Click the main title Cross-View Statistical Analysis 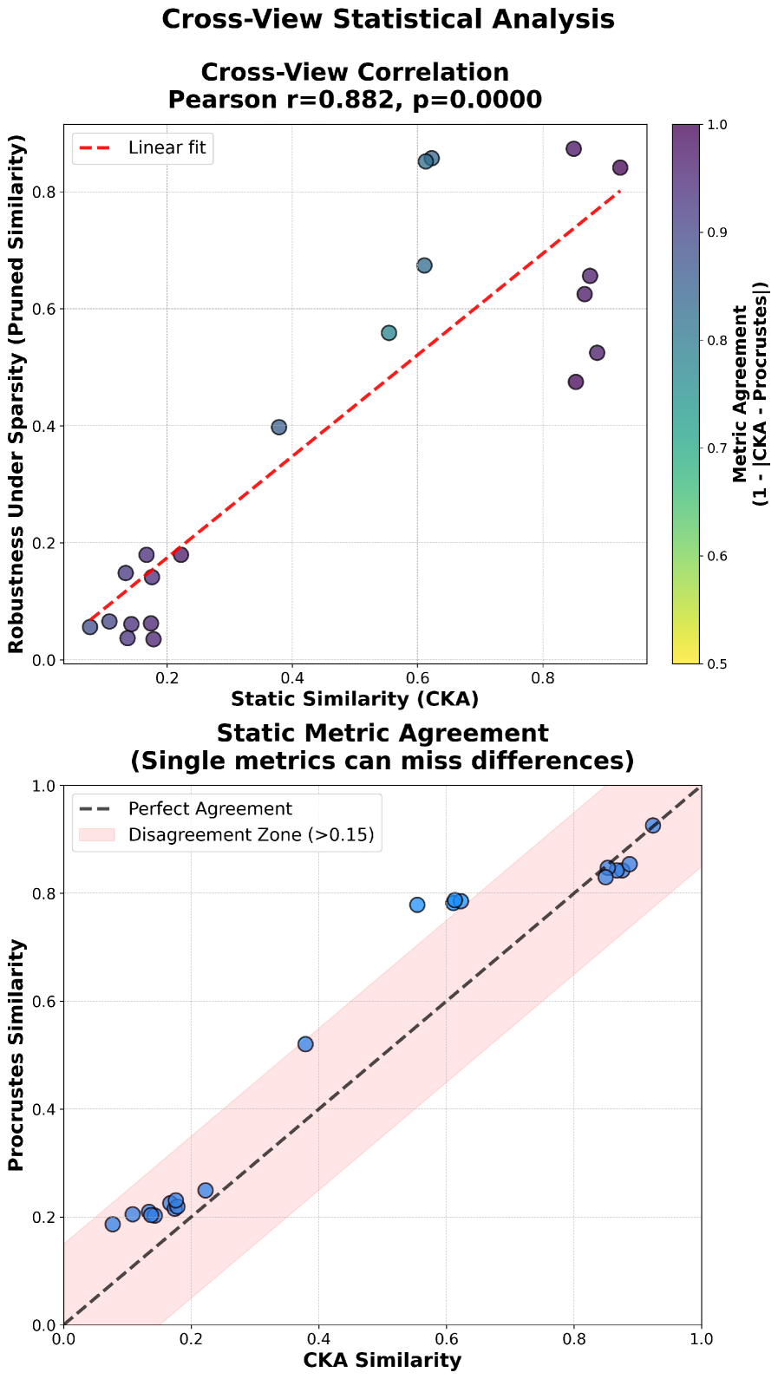[x=388, y=19]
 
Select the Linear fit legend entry [x=167, y=147]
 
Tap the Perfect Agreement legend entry [x=210, y=809]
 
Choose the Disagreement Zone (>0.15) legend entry [x=251, y=834]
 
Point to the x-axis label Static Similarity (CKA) [x=355, y=698]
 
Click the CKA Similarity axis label [x=382, y=1360]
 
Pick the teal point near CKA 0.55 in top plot [x=389, y=333]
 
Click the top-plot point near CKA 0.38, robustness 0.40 [x=278, y=428]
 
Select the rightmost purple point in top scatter [x=619, y=167]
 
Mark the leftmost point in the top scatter [x=90, y=627]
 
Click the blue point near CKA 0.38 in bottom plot [x=305, y=1044]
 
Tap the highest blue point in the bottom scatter [x=652, y=826]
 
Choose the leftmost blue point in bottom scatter [x=113, y=1225]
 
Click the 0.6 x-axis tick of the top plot [x=417, y=677]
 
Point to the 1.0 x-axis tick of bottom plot [x=701, y=1339]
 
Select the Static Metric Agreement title [x=382, y=734]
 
